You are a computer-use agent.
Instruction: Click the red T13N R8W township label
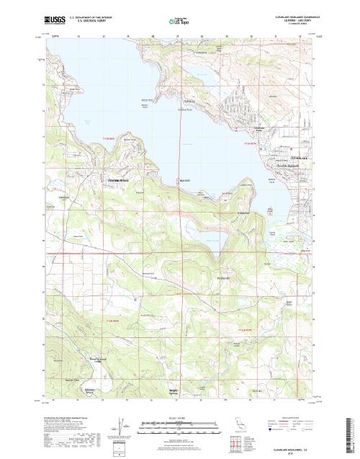click(x=108, y=138)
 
